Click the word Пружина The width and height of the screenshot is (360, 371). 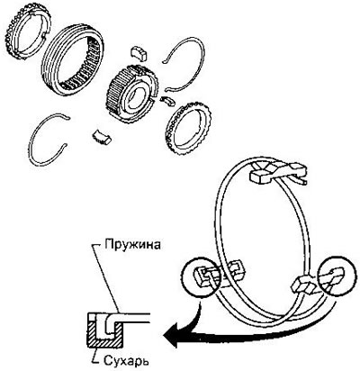[x=132, y=244]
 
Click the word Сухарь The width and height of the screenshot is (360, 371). [x=126, y=360]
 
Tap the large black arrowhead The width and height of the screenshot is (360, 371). [x=173, y=335]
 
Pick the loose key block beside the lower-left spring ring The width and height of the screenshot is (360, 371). [x=101, y=137]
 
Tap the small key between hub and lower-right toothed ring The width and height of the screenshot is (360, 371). [x=167, y=101]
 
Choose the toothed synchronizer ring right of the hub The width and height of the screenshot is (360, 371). [x=188, y=129]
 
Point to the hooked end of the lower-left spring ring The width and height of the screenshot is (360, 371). [x=67, y=117]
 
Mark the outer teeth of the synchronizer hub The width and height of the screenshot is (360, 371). [x=116, y=92]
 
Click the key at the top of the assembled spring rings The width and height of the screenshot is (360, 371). [x=277, y=172]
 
